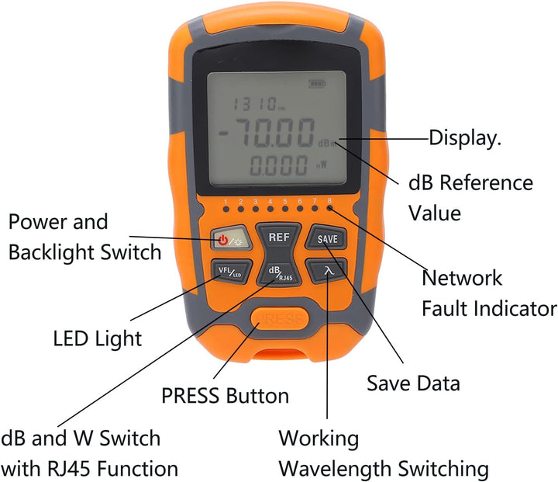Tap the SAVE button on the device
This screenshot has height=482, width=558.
pyautogui.click(x=326, y=238)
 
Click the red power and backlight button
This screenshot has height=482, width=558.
pyautogui.click(x=231, y=238)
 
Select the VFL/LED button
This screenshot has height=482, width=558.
pyautogui.click(x=231, y=272)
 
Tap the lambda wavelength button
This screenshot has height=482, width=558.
pyautogui.click(x=327, y=271)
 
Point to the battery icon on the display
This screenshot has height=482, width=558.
pyautogui.click(x=317, y=84)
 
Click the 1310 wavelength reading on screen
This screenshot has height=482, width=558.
pyautogui.click(x=259, y=104)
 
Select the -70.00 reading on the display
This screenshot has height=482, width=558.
pyautogui.click(x=267, y=132)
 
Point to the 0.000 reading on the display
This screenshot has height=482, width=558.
pyautogui.click(x=279, y=166)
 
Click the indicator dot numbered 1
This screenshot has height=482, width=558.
pyautogui.click(x=226, y=210)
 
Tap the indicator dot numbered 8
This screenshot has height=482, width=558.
pyautogui.click(x=330, y=208)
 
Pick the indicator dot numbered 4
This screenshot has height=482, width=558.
pyautogui.click(x=270, y=209)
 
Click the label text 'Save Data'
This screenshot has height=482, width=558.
pyautogui.click(x=413, y=383)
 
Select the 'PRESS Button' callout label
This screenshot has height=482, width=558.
pyautogui.click(x=225, y=396)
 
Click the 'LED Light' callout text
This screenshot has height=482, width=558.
pyautogui.click(x=97, y=338)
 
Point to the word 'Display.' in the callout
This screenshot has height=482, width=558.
pyautogui.click(x=465, y=137)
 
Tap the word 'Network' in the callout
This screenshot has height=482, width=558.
pyautogui.click(x=462, y=278)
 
